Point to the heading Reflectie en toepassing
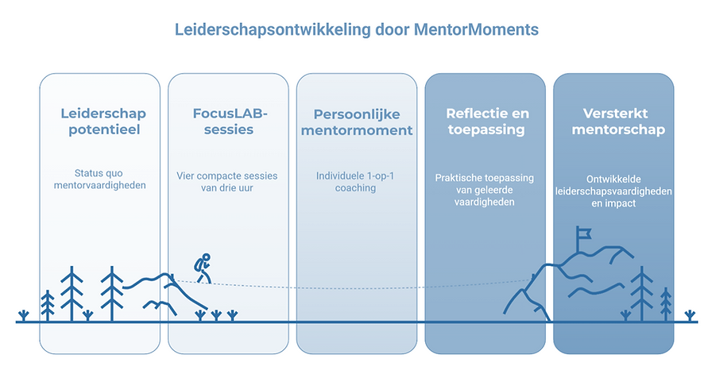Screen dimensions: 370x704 [x=485, y=121]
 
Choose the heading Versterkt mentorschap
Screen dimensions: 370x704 [x=613, y=121]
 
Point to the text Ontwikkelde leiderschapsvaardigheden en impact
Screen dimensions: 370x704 [x=613, y=191]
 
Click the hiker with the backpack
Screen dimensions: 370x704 [x=203, y=268]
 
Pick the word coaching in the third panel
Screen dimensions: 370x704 [x=356, y=188]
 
